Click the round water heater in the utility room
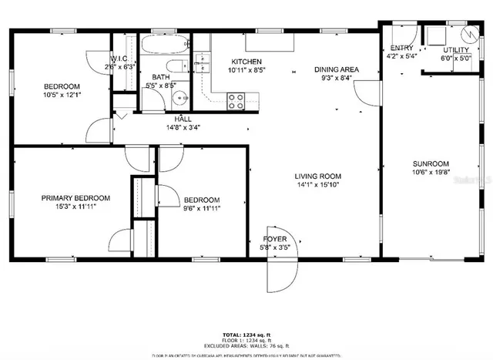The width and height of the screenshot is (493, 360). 468,36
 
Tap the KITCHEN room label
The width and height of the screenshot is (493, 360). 246,62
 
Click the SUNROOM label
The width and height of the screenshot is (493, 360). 430,163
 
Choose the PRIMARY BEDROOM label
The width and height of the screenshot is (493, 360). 75,198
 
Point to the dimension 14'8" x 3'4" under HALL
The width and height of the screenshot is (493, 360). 183,128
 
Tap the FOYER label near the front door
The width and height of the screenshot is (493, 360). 276,239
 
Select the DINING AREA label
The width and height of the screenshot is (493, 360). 336,69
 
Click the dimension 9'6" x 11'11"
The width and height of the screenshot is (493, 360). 202,208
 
